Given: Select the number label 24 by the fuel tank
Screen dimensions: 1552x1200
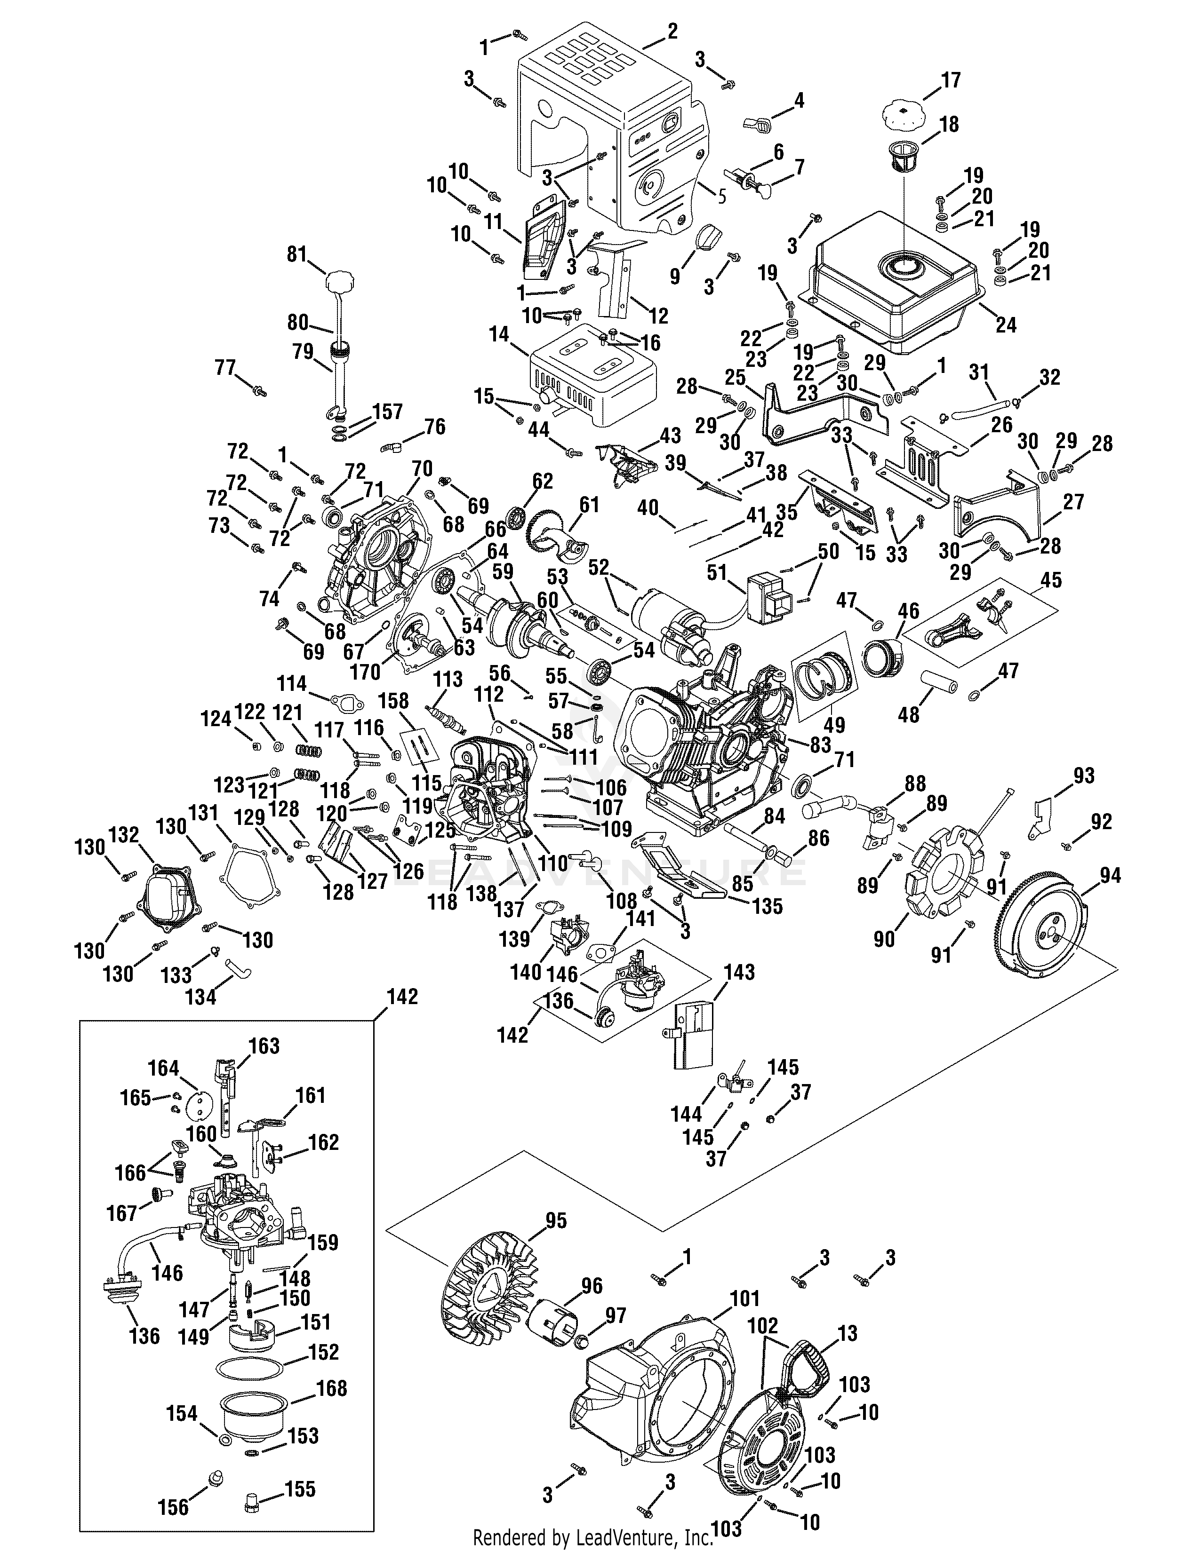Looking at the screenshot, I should pos(1006,325).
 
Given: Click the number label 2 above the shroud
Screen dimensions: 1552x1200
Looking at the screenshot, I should pos(672,31).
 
